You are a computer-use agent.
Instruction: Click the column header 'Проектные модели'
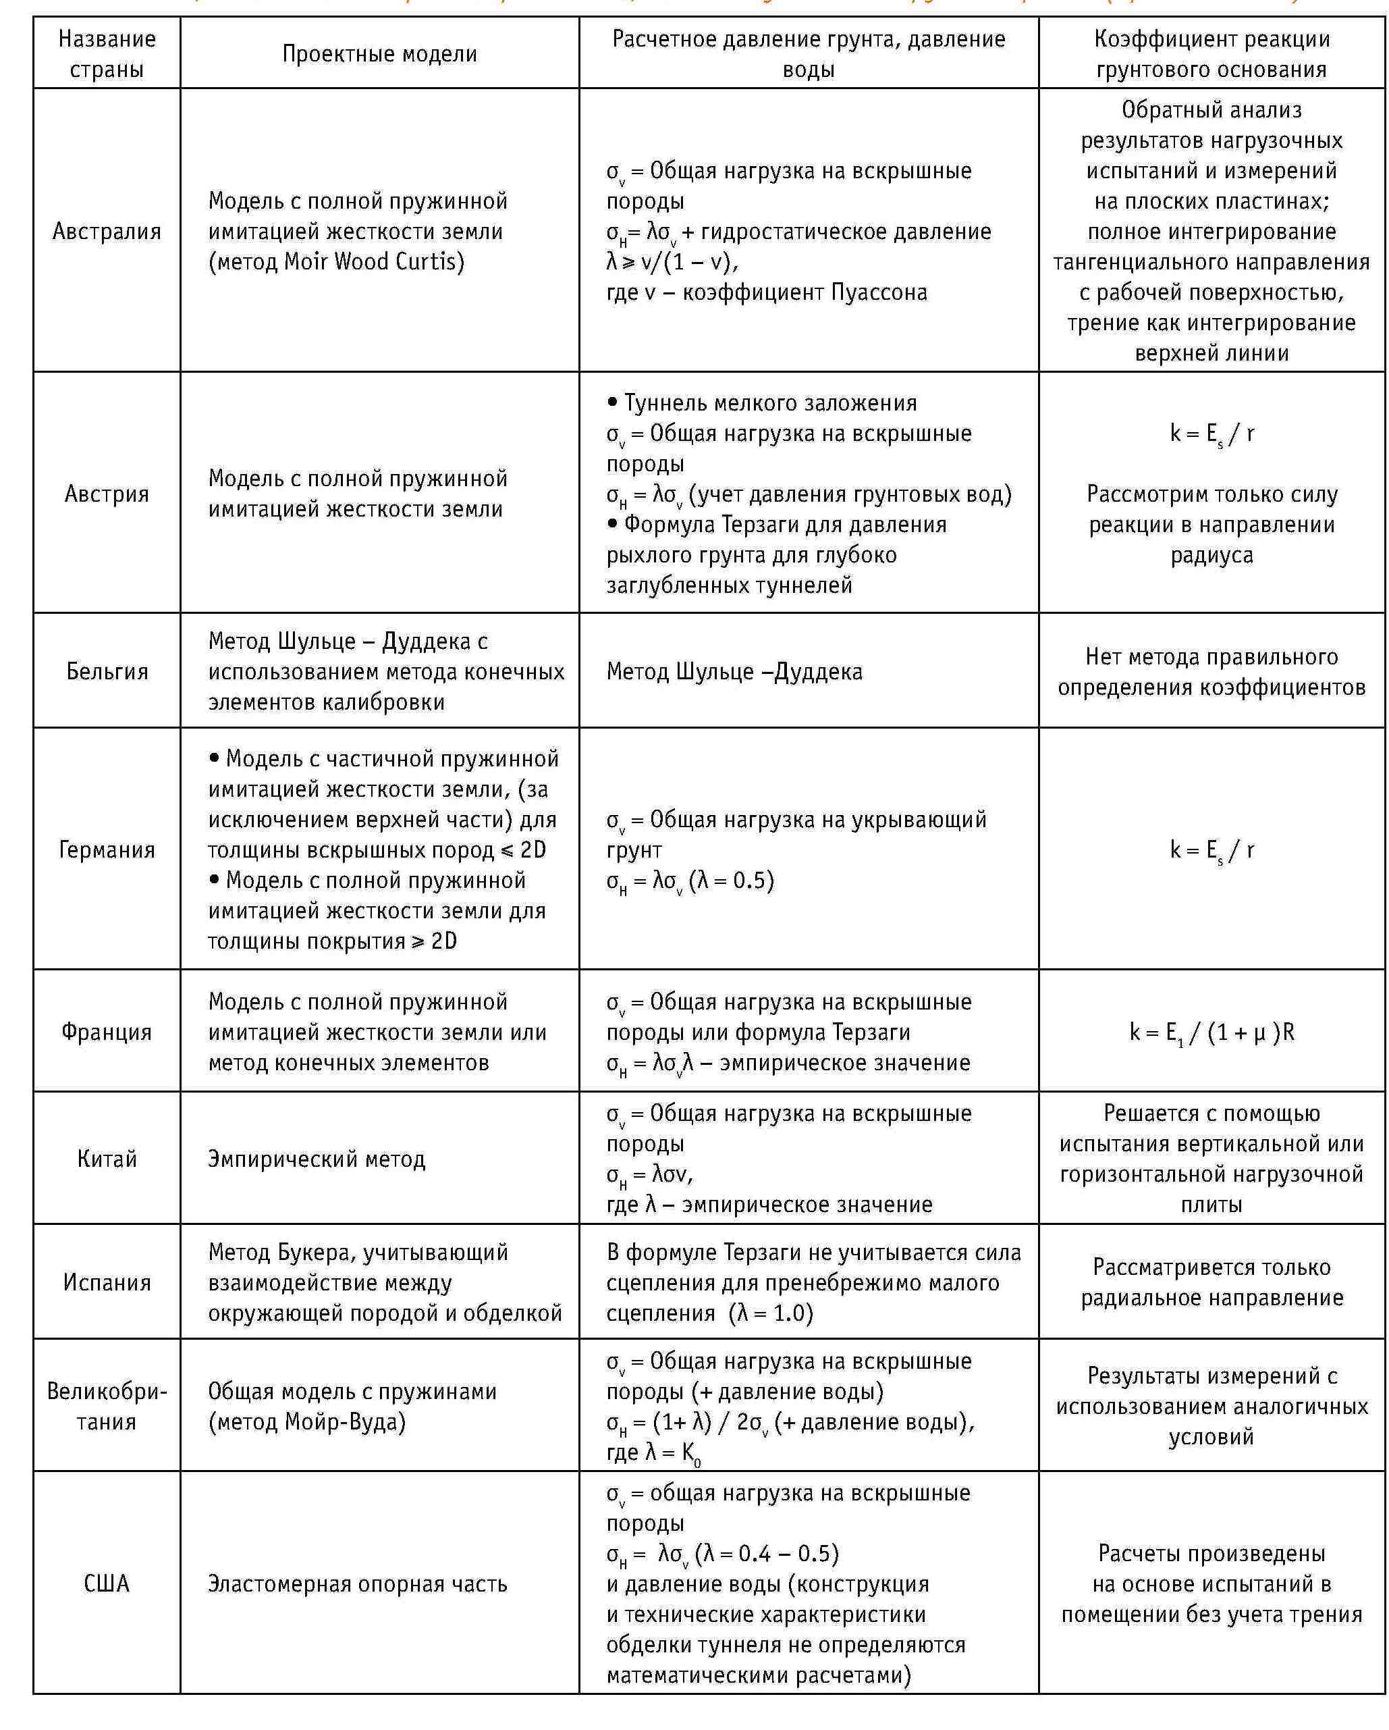(379, 54)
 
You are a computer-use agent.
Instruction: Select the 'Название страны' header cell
(107, 54)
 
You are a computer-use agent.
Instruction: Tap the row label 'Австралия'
(107, 231)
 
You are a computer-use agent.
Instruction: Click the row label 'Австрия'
(107, 494)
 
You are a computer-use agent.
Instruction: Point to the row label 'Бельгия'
(107, 671)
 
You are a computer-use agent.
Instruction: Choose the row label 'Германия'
(107, 849)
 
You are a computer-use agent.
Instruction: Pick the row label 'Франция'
(107, 1032)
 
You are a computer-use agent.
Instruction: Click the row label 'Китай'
(107, 1159)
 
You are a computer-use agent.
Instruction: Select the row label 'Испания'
(107, 1282)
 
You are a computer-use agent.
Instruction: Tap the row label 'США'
(107, 1583)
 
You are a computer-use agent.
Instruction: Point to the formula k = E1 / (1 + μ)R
(1211, 1032)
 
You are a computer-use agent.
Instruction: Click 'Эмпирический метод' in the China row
(317, 1159)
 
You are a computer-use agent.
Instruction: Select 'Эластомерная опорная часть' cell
(358, 1584)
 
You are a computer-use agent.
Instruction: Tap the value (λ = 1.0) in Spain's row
(771, 1313)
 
